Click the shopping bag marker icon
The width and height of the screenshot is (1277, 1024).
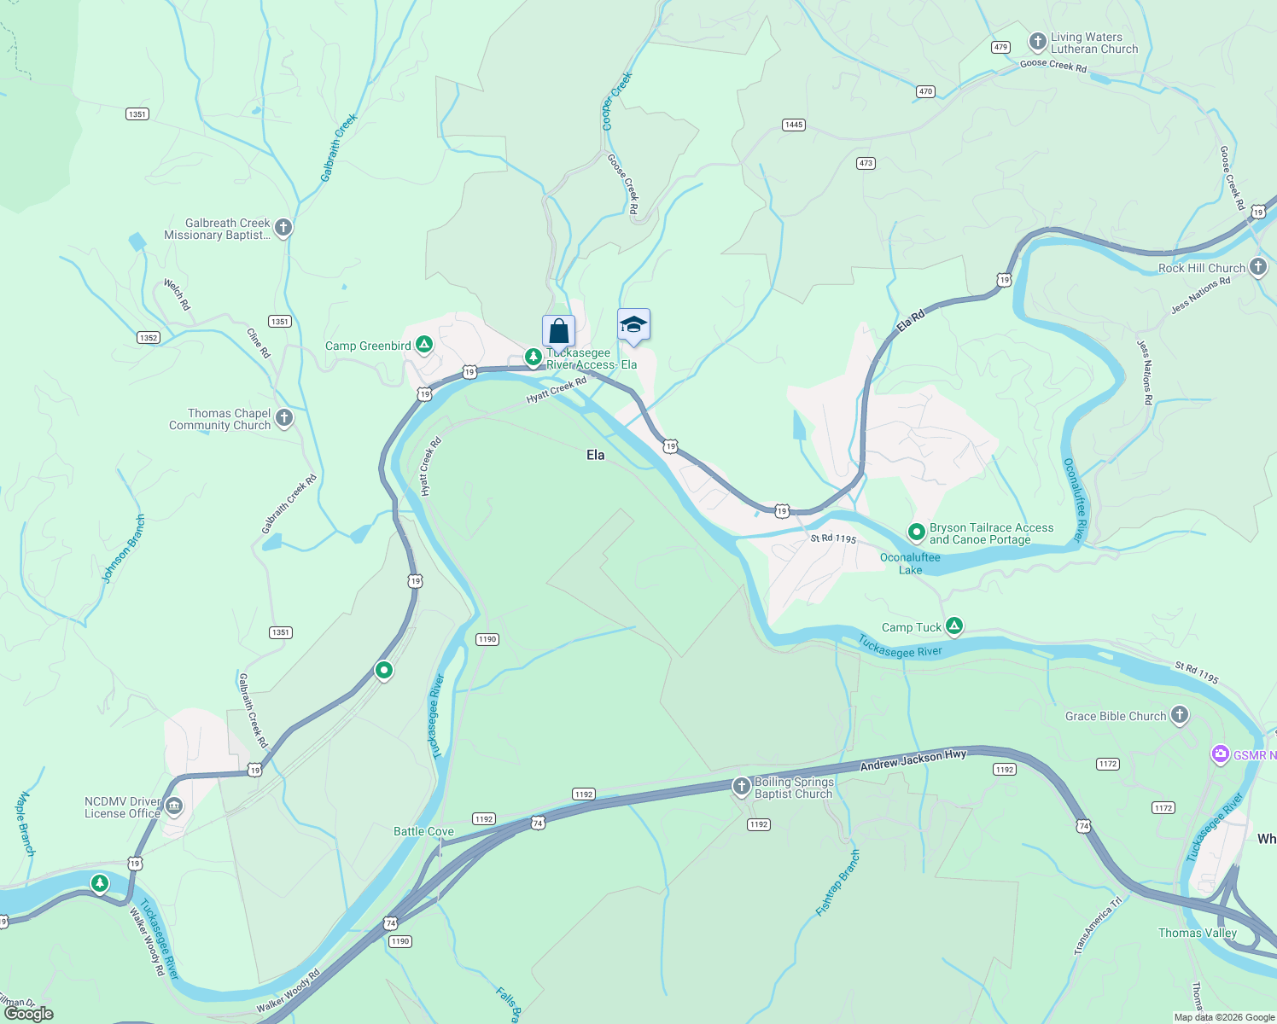(x=558, y=330)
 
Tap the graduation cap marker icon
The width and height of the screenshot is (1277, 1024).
(x=633, y=324)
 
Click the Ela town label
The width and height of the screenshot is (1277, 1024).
(x=595, y=455)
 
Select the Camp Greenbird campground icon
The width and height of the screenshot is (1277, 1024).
(x=424, y=345)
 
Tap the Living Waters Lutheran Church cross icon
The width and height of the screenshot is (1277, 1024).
(x=1037, y=42)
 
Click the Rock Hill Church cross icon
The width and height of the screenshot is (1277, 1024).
(x=1257, y=267)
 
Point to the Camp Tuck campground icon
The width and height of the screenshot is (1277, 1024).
(x=954, y=626)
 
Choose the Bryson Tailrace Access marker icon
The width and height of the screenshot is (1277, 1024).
(x=916, y=532)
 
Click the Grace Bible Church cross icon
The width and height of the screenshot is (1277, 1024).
(x=1179, y=715)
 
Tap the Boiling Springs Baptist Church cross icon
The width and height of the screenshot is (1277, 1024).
(x=741, y=787)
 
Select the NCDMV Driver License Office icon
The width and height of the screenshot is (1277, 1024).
(x=174, y=806)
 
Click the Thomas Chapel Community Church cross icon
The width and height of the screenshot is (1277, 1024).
(x=284, y=418)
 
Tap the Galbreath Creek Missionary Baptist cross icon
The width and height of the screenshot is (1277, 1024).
(x=283, y=228)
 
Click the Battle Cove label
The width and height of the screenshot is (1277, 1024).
(x=423, y=831)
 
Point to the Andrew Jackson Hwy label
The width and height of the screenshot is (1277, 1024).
(x=913, y=759)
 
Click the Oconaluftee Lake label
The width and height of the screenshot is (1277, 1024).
(x=910, y=563)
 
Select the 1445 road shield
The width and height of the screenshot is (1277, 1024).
(x=793, y=125)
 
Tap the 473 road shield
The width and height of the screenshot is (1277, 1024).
(x=866, y=163)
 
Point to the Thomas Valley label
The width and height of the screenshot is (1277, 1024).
(x=1197, y=933)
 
